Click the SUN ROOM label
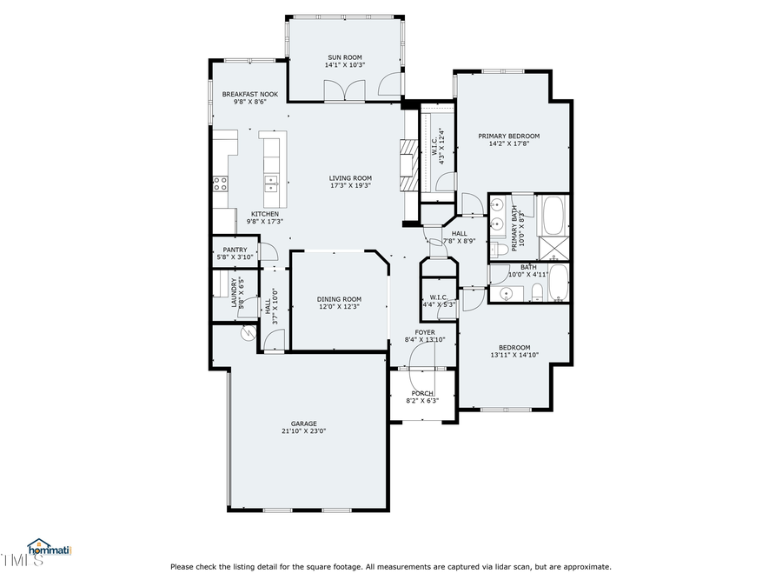pos(344,57)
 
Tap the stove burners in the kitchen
pos(221,183)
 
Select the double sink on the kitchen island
pos(271,183)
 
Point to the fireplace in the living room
pos(408,165)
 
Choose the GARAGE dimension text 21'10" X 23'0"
pos(303,430)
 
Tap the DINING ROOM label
pos(338,299)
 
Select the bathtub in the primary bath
pos(553,214)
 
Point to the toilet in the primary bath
pos(499,250)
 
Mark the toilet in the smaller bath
pos(537,292)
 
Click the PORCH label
pos(422,393)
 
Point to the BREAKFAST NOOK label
pos(249,94)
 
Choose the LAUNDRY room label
pos(235,291)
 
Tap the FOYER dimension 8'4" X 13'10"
pos(425,340)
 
